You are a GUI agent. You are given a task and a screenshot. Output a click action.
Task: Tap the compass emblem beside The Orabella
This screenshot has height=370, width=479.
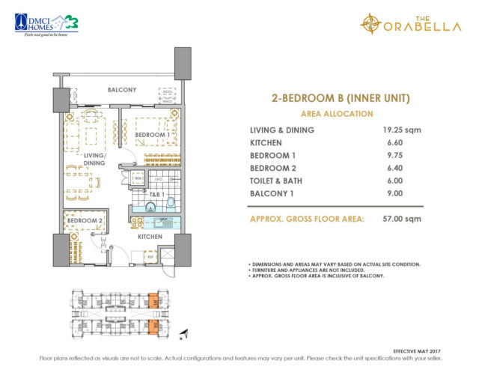coord(372,24)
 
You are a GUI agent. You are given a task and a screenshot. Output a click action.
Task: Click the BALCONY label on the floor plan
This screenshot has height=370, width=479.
coord(121,90)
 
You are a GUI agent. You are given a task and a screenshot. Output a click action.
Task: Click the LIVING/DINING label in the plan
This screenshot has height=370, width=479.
coord(94,159)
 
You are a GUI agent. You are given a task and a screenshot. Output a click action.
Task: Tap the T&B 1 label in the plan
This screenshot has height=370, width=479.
coord(156,193)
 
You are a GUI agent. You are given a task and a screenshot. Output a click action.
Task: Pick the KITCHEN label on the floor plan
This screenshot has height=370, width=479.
coord(150,237)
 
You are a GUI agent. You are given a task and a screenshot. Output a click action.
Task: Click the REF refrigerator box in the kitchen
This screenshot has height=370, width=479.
coord(150,256)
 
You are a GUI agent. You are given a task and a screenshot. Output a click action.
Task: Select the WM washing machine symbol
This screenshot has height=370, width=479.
coord(138,178)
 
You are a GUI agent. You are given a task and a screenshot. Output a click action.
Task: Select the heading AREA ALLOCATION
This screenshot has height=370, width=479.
coord(336,114)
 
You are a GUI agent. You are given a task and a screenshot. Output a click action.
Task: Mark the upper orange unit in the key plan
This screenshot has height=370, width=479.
coord(153,298)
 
